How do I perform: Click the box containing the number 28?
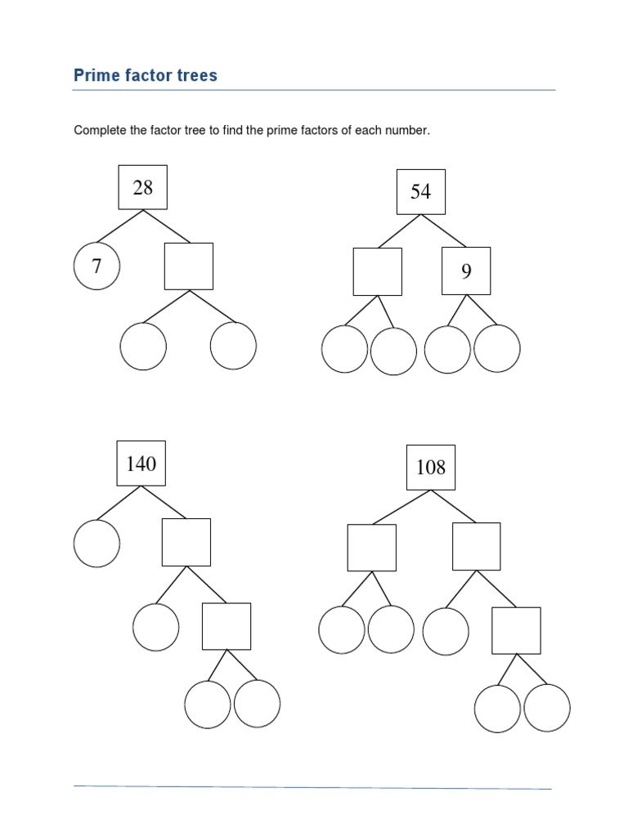142,187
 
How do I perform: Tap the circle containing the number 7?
96,266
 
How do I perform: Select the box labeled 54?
420,191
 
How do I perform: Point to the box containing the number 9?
466,271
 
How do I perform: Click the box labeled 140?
141,463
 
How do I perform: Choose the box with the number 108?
431,467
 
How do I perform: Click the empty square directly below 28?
189,266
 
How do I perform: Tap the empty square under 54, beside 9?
377,271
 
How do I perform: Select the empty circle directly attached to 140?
96,543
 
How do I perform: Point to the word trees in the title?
198,76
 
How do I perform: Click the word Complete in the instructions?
100,131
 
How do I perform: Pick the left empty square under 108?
372,547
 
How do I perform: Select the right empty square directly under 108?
477,547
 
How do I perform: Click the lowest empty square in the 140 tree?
227,626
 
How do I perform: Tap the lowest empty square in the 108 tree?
516,630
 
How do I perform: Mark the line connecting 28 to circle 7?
120,227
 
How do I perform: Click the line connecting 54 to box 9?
442,230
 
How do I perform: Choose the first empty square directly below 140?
186,542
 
